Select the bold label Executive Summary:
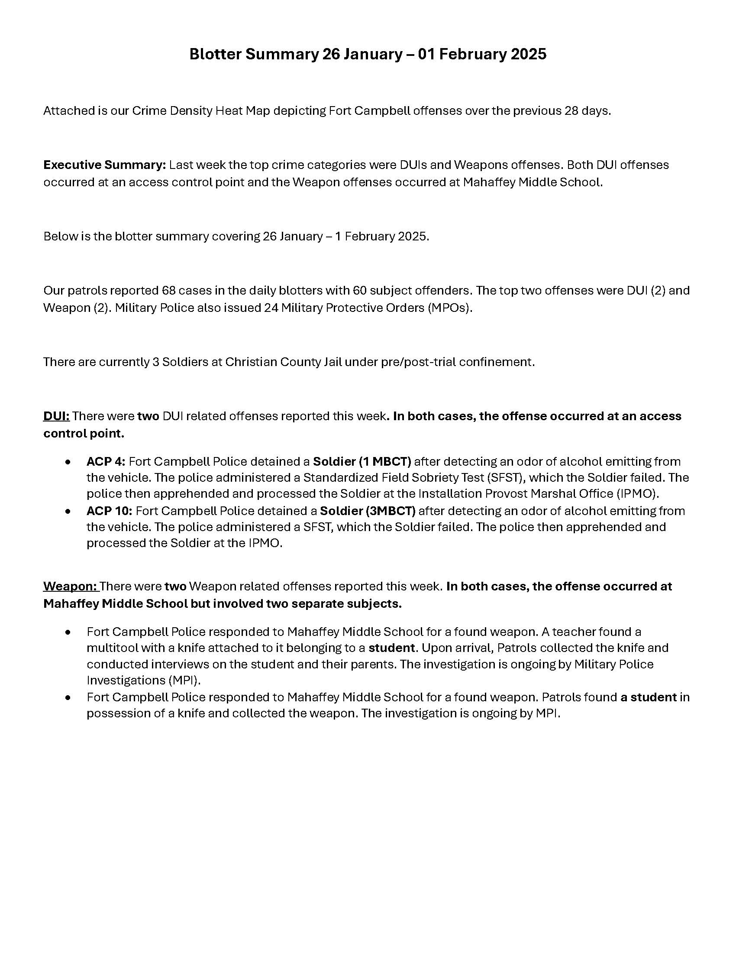104,165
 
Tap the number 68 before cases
168,291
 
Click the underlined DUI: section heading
56,416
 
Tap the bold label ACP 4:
106,462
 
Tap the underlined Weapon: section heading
70,587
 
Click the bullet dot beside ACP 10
68,512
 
